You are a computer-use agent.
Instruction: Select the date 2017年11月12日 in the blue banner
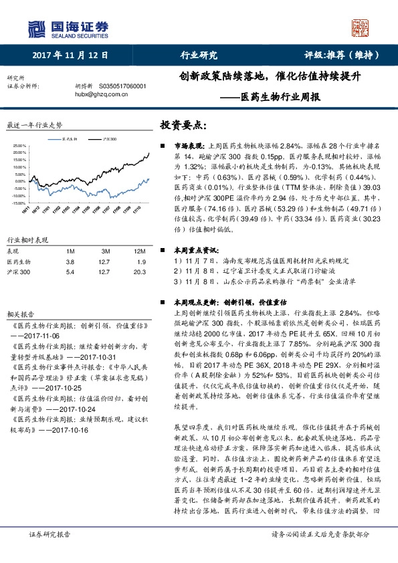[70, 55]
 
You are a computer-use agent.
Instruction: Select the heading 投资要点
[184, 125]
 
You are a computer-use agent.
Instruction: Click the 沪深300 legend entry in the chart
[110, 138]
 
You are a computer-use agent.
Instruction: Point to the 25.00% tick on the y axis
[19, 145]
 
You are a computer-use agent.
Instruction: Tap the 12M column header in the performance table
[139, 250]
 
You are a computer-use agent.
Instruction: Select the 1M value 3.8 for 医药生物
[71, 261]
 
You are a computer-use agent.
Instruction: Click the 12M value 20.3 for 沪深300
[139, 272]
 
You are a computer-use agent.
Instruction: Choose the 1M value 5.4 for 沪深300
[71, 272]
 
